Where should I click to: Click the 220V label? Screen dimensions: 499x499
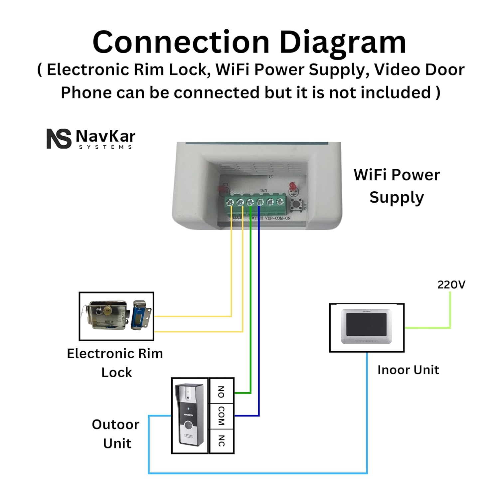coord(451,285)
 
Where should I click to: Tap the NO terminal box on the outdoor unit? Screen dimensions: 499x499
coord(221,392)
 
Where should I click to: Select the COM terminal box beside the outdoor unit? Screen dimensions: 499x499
coord(221,416)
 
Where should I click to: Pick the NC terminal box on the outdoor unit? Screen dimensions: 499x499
coord(221,441)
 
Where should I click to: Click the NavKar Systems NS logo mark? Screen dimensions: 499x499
coord(59,138)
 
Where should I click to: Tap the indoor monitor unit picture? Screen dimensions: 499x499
coord(367,327)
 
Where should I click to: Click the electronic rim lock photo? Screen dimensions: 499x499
coord(116,316)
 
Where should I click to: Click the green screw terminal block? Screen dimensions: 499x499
coord(255,202)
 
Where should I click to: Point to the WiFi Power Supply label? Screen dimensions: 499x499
coord(397,186)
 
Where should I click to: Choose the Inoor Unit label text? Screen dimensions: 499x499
coord(408,370)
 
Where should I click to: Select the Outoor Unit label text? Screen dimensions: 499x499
coord(116,434)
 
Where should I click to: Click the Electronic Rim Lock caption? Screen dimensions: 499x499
coord(115,363)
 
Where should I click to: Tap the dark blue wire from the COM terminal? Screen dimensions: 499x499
coord(259,316)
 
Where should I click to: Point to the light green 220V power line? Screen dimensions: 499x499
coord(450,313)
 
